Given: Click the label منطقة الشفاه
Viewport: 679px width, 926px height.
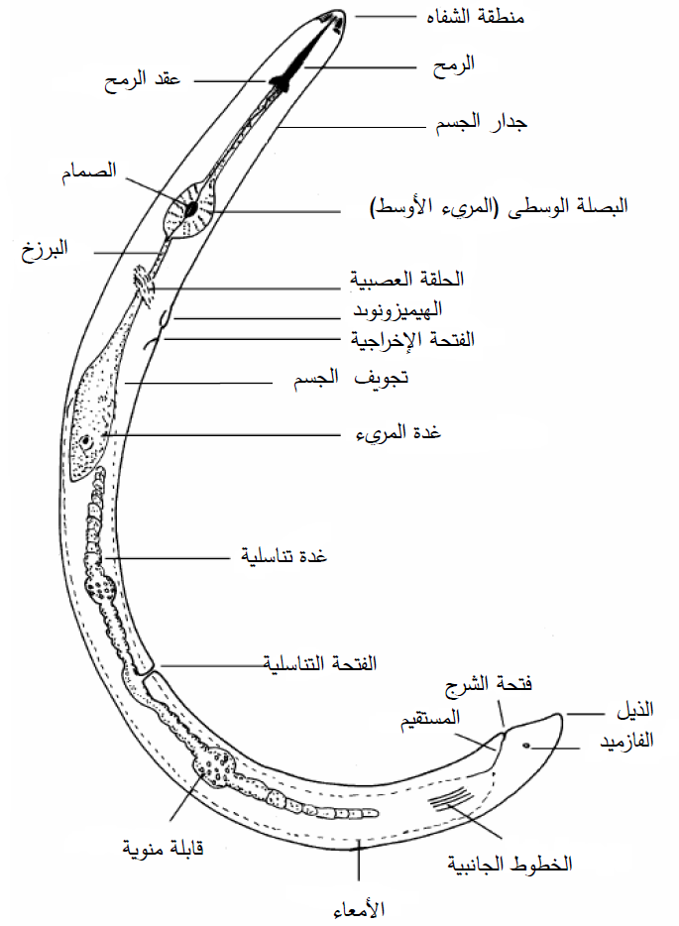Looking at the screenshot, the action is pyautogui.click(x=476, y=16).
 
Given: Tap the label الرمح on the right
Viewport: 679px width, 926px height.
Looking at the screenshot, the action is pyautogui.click(x=453, y=65).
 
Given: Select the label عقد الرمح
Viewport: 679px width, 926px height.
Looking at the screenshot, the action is pyautogui.click(x=143, y=79).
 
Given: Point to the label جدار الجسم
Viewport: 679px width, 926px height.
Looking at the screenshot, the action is pyautogui.click(x=481, y=123).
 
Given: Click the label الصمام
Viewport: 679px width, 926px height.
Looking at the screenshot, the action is pyautogui.click(x=89, y=172).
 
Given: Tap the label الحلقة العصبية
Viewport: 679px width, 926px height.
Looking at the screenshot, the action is pyautogui.click(x=406, y=279).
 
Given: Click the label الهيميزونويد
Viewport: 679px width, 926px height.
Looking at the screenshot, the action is pyautogui.click(x=397, y=309).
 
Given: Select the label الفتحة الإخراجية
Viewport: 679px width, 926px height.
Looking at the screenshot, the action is pyautogui.click(x=412, y=340).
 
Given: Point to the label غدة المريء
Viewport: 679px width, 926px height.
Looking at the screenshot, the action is pyautogui.click(x=398, y=433).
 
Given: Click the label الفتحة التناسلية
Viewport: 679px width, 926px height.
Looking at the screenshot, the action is pyautogui.click(x=319, y=663).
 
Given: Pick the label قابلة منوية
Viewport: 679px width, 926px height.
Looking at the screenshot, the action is pyautogui.click(x=163, y=848).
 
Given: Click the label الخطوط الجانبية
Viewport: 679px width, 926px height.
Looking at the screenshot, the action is pyautogui.click(x=509, y=864).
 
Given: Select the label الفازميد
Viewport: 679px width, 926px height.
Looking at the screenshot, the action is pyautogui.click(x=626, y=741).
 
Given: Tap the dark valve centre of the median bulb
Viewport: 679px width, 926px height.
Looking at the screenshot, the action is pyautogui.click(x=190, y=209).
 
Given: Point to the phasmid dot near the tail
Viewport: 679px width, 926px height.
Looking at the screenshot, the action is pyautogui.click(x=525, y=746).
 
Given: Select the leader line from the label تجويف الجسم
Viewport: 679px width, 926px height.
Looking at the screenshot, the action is pyautogui.click(x=198, y=383).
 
